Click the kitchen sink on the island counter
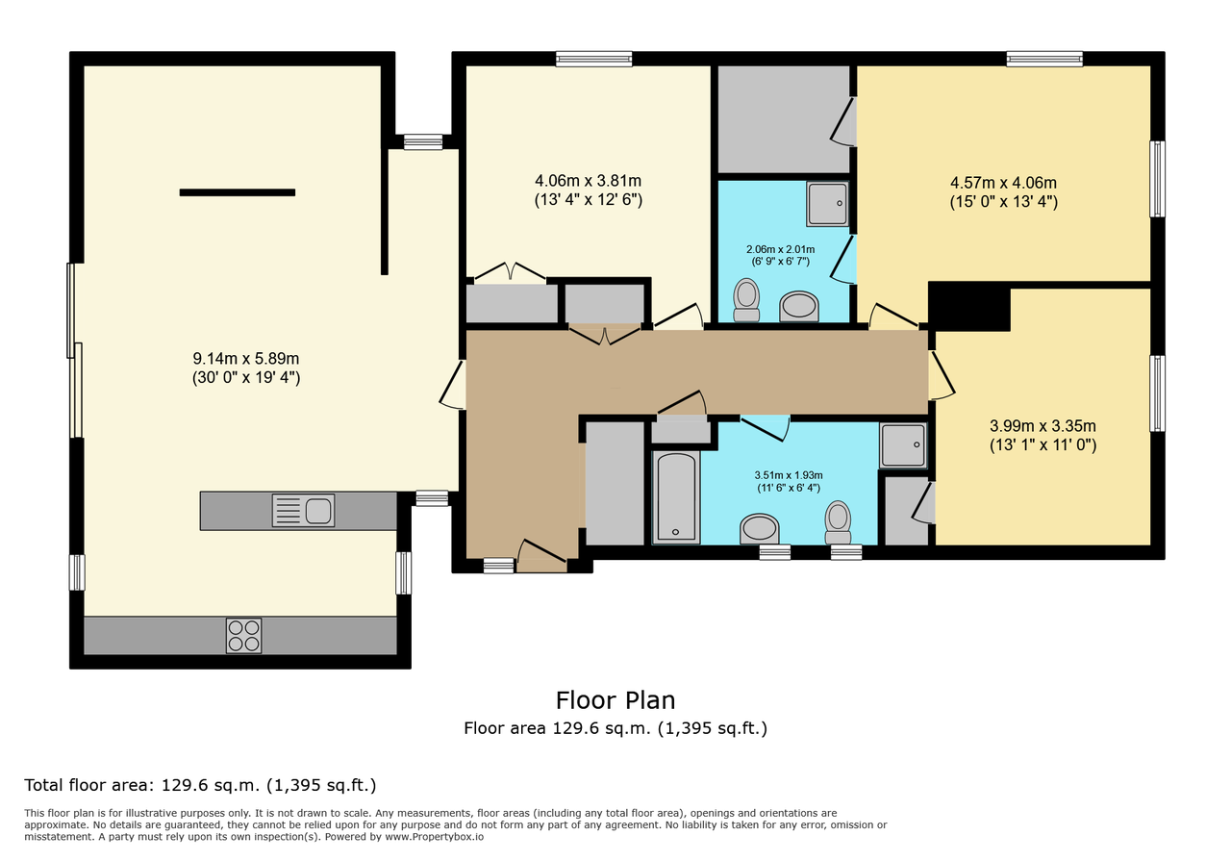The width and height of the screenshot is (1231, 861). point(303,511)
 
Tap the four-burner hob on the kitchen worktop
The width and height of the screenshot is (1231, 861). point(243,636)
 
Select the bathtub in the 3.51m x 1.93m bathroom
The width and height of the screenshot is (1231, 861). point(676,497)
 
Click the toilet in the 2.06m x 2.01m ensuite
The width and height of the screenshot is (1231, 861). point(746,299)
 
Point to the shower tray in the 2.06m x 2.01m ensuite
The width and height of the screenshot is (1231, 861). point(828,203)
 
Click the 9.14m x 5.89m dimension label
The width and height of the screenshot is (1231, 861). point(246,367)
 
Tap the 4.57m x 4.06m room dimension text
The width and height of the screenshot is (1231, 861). point(1003,191)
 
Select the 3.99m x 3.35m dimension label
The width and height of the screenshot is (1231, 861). point(1043,435)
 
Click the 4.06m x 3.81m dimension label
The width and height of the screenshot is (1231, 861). point(588,190)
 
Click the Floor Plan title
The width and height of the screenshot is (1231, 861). point(615,700)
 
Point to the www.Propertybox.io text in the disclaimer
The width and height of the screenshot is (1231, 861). point(434,837)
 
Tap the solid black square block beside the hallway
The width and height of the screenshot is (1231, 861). point(969,306)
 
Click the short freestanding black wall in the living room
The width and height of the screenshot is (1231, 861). point(238,192)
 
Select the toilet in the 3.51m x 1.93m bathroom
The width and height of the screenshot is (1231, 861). point(838,522)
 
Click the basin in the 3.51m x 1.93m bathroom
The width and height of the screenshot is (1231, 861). point(760,529)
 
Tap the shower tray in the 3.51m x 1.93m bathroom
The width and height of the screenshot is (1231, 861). point(903,444)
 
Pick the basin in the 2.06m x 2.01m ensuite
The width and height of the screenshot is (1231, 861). point(799,307)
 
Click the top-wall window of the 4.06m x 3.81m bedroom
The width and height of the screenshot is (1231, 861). point(593,59)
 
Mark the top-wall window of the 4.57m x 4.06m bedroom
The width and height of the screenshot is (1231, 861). point(1044,59)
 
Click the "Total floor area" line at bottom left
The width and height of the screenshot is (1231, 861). point(200,785)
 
